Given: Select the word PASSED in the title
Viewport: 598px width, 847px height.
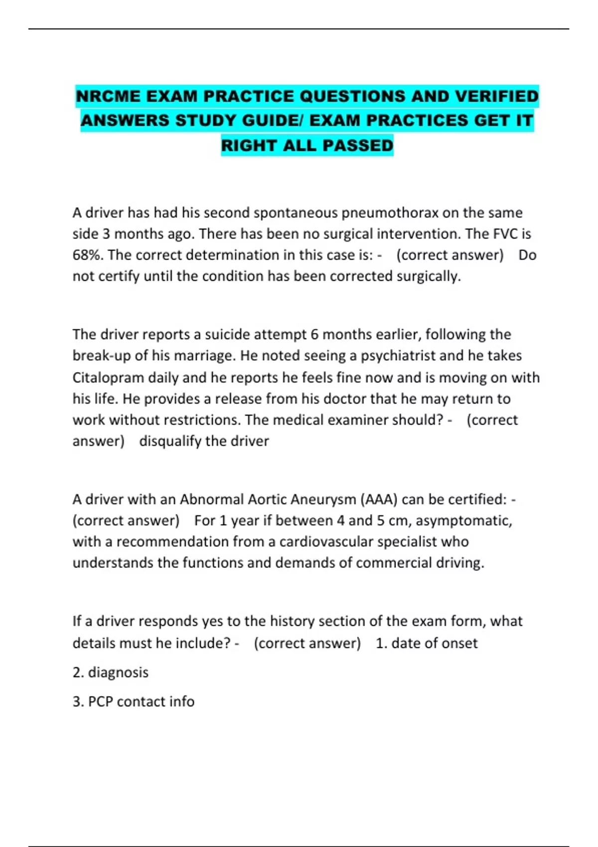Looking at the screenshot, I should (x=358, y=145).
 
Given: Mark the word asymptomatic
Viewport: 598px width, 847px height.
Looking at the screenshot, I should (x=463, y=521).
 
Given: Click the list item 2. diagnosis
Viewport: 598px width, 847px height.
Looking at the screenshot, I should (x=111, y=673).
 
